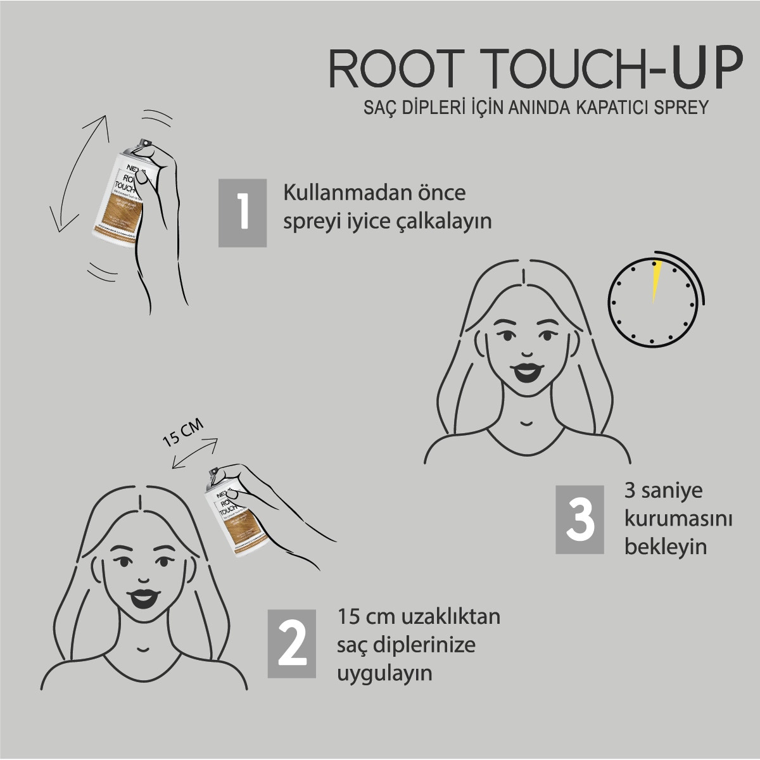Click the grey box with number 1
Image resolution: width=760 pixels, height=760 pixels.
[243, 213]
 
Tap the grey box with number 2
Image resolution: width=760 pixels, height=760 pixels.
[292, 643]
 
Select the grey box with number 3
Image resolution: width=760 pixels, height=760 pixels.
[579, 519]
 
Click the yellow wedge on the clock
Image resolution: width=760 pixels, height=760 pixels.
[656, 279]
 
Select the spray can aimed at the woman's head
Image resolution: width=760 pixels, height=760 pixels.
[232, 512]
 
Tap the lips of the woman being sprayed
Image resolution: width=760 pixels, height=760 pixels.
[141, 597]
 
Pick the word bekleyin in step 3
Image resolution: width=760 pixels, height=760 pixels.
[665, 547]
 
